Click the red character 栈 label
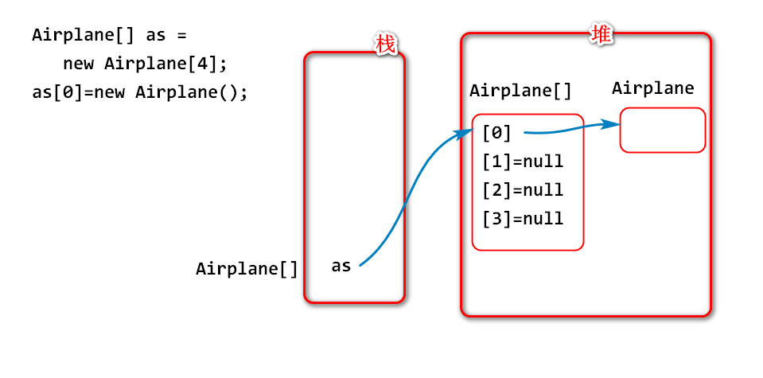point(385,45)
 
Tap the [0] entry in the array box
point(496,133)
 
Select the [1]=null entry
point(523,162)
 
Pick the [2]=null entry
point(523,190)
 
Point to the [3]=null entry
point(523,219)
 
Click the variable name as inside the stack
point(341,266)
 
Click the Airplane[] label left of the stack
point(247,269)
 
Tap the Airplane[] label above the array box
point(520,91)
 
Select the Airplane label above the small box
point(653,88)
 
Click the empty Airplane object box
point(663,130)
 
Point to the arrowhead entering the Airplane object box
point(613,124)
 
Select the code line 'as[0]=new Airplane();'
point(140,92)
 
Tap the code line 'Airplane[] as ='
point(108,36)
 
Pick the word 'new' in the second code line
point(80,64)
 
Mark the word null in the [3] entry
point(543,219)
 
